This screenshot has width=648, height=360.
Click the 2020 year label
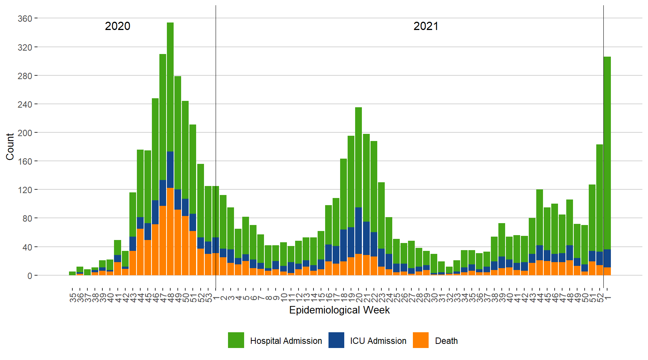[117, 26]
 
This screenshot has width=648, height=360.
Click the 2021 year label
[426, 26]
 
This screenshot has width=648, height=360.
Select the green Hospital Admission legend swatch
[236, 340]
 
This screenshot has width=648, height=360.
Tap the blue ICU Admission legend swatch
[336, 340]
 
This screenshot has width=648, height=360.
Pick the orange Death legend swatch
[420, 340]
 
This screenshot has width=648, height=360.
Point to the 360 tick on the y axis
[25, 18]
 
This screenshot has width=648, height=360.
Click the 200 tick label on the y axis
[25, 133]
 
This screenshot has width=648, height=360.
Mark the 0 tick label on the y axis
[30, 276]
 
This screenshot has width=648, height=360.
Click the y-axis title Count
[10, 147]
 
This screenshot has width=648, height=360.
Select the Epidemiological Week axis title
[339, 310]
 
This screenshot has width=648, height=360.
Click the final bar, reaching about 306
[607, 150]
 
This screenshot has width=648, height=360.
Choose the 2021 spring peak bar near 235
[358, 157]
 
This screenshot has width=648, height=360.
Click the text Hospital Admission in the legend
[286, 341]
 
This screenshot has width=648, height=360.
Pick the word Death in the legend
[446, 341]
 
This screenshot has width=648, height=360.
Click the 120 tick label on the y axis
[25, 190]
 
